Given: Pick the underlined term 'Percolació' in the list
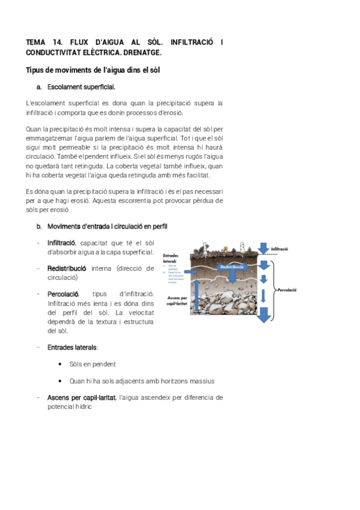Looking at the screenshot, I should pos(63,294).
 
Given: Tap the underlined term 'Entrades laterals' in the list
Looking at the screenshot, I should pos(72,348).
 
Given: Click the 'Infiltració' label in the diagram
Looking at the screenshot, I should pos(279,248).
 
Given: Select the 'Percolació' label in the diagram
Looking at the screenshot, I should pos(288,289).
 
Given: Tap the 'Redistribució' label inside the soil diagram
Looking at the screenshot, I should pos(231,266).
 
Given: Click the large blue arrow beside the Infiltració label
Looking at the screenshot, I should pos(263,248).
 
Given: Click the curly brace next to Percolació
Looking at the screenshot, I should pos(274,289).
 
